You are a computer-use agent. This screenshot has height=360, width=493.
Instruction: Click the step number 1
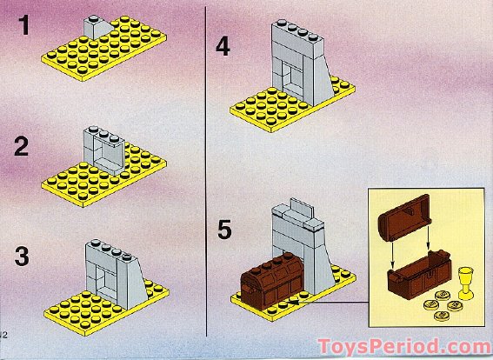pyautogui.click(x=24, y=27)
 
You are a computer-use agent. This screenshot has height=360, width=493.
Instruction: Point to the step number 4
pyautogui.click(x=223, y=46)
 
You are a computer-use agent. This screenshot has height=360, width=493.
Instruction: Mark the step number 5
pyautogui.click(x=223, y=230)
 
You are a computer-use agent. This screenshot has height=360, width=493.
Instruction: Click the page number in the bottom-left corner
pyautogui.click(x=4, y=334)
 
